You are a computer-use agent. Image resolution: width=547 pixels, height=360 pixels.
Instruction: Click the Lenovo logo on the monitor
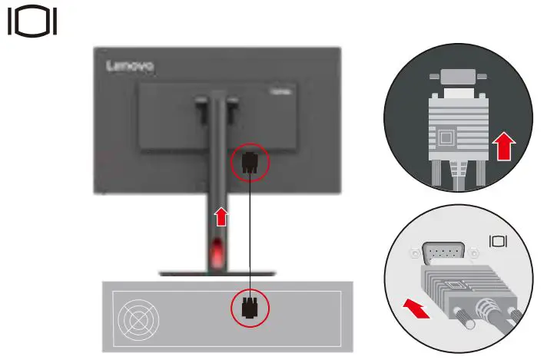pyautogui.click(x=130, y=67)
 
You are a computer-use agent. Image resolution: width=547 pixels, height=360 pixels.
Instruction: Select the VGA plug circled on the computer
pyautogui.click(x=250, y=308)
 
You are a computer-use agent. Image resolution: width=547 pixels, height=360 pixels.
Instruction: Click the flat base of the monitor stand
pyautogui.click(x=217, y=272)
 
